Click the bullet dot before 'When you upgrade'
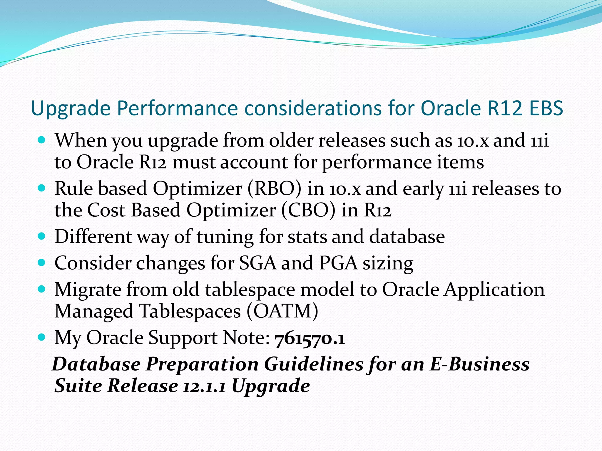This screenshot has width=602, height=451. coord(42,140)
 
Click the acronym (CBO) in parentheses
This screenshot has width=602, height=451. coord(308,210)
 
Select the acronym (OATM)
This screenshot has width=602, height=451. coord(282,311)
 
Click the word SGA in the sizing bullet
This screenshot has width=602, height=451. coord(258,263)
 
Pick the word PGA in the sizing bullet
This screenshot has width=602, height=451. coord(338,263)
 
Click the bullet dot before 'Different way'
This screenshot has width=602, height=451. coord(42,236)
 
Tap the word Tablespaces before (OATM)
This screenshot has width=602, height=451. coord(190,311)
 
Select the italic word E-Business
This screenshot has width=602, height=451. coord(479,364)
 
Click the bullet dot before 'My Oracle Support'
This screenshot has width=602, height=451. coord(42,337)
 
